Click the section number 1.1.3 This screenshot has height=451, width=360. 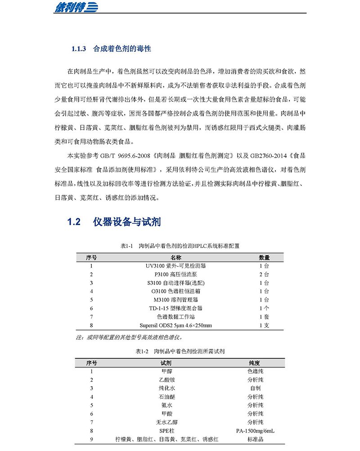tap(79, 49)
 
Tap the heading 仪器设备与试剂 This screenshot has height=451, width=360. tap(127, 222)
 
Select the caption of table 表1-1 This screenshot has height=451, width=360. tap(180, 246)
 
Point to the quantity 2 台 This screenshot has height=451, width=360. tap(264, 275)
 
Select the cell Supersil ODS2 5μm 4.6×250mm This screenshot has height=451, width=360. tap(179, 325)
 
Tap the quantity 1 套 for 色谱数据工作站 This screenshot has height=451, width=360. tap(264, 317)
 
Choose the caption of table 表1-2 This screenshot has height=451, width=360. tap(180, 351)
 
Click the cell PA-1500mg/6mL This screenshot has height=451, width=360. tap(255, 431)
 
